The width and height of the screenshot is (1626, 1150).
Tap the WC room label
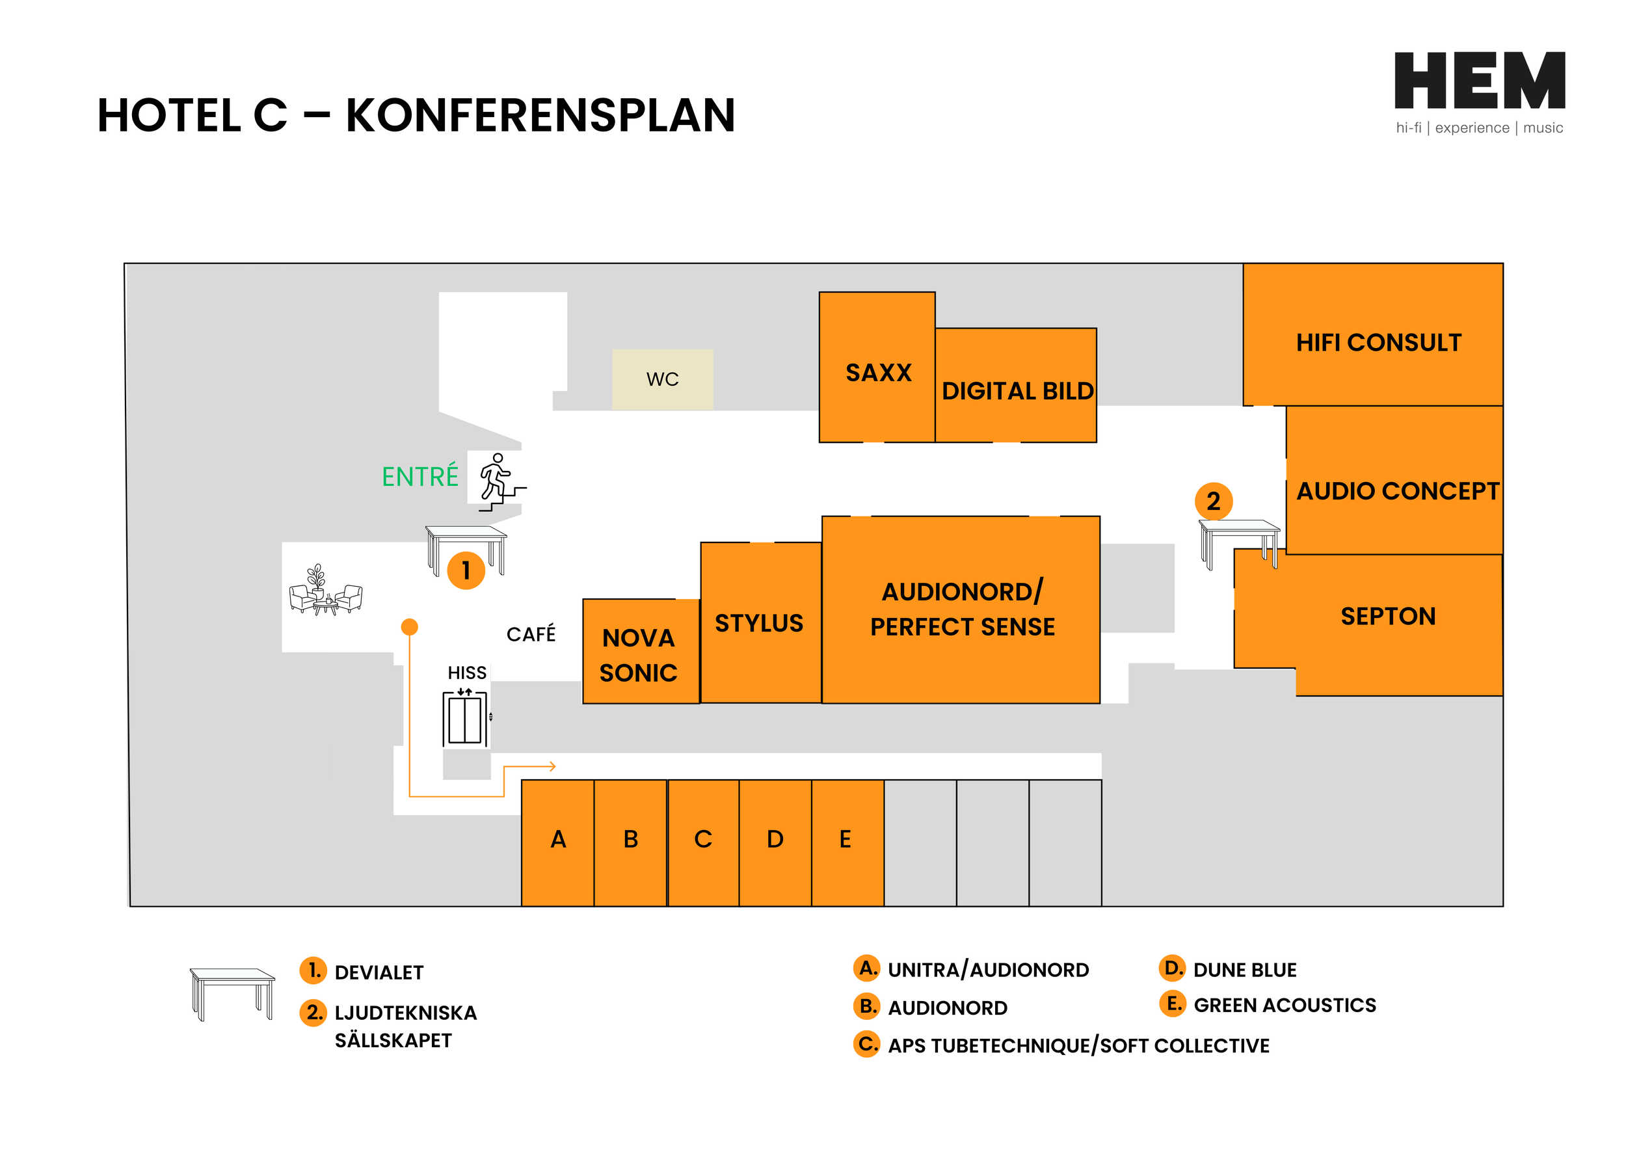662,380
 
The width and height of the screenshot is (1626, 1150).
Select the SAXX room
877,373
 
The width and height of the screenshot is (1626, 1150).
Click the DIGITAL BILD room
1017,390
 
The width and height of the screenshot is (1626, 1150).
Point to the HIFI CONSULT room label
1378,343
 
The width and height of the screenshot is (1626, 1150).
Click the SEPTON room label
1387,616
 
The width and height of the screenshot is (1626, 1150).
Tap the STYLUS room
759,623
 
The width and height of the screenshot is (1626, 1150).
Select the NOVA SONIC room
639,654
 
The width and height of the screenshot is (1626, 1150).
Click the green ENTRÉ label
420,477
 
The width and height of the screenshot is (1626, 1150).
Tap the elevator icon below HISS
464,718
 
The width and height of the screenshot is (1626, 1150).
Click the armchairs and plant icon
326,589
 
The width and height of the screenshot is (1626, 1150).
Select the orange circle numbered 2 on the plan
1213,501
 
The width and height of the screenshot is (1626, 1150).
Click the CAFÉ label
531,634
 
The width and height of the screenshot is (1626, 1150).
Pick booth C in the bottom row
702,840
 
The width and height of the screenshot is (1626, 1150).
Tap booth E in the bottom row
845,840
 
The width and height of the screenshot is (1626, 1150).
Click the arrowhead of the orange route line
552,766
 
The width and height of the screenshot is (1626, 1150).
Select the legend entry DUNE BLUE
1244,970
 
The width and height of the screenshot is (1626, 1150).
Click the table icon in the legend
232,993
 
